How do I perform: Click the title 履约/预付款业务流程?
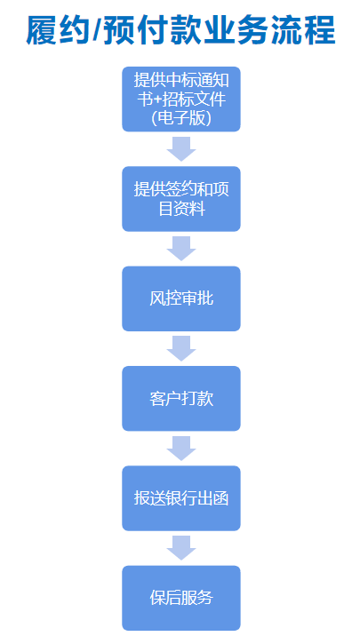(181, 30)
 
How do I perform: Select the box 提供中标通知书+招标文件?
(181, 99)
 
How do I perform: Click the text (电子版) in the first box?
(181, 117)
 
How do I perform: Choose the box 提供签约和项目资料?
(181, 199)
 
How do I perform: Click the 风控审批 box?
(181, 298)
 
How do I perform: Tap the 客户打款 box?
(181, 398)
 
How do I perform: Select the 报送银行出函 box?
(181, 498)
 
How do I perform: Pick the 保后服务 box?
(181, 598)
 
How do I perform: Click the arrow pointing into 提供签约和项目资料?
(181, 149)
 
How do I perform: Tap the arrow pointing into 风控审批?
(181, 249)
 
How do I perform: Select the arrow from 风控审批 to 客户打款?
(181, 348)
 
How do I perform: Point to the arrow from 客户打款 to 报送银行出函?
(181, 449)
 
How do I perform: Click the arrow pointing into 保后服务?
(181, 548)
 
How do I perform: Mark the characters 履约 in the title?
(59, 30)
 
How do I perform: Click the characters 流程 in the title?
(304, 30)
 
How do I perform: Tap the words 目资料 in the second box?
(181, 209)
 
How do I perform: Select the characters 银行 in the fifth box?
(181, 498)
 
